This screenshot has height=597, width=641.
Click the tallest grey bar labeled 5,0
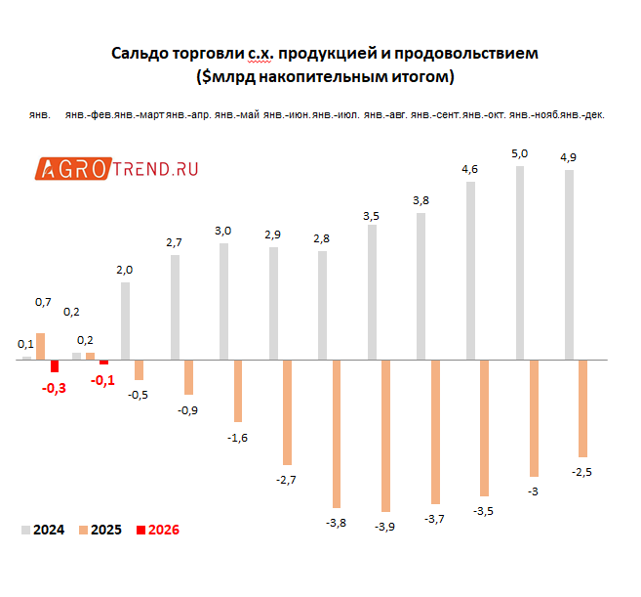[520, 263]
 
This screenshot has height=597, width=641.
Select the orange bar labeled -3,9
[386, 435]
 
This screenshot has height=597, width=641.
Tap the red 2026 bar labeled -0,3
[55, 366]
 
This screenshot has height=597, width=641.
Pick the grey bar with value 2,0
[125, 320]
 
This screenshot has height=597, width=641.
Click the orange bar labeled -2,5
[582, 407]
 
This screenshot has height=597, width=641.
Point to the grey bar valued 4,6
[470, 270]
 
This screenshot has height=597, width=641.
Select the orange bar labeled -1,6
[237, 391]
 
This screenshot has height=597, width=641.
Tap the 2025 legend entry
[100, 530]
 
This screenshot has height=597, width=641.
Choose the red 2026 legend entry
[157, 530]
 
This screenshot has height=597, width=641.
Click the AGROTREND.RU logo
[118, 169]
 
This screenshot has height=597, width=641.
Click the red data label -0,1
[102, 380]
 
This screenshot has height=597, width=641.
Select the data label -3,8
[336, 523]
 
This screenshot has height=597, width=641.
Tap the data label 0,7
[43, 303]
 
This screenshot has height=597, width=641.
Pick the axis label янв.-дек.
[583, 114]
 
